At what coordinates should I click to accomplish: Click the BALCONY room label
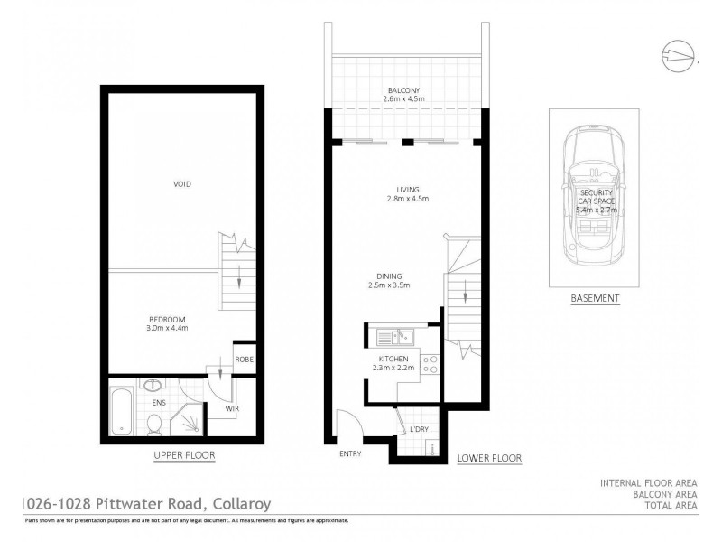403,90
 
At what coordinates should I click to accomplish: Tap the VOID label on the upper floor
182,184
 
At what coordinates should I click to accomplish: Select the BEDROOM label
168,320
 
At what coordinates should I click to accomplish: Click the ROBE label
244,359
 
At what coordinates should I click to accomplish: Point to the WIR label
231,409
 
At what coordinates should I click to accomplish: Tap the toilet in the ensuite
154,421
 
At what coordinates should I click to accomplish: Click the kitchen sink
394,338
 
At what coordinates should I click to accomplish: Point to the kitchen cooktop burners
430,365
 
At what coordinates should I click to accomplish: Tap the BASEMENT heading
596,298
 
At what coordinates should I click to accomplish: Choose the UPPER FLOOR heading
184,455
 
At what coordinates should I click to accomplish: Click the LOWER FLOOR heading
490,458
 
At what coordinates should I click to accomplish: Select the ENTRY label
350,453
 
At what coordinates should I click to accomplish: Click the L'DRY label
418,428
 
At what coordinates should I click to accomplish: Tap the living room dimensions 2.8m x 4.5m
405,199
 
